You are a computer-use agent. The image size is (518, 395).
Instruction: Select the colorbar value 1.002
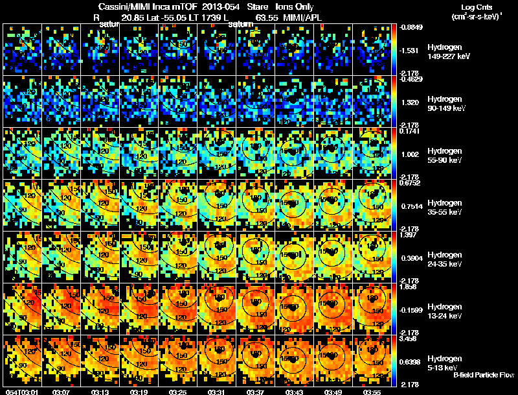tap(411, 154)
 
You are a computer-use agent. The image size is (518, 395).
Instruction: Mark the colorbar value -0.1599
tap(411, 310)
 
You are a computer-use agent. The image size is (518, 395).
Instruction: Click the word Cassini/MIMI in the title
tap(122, 6)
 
